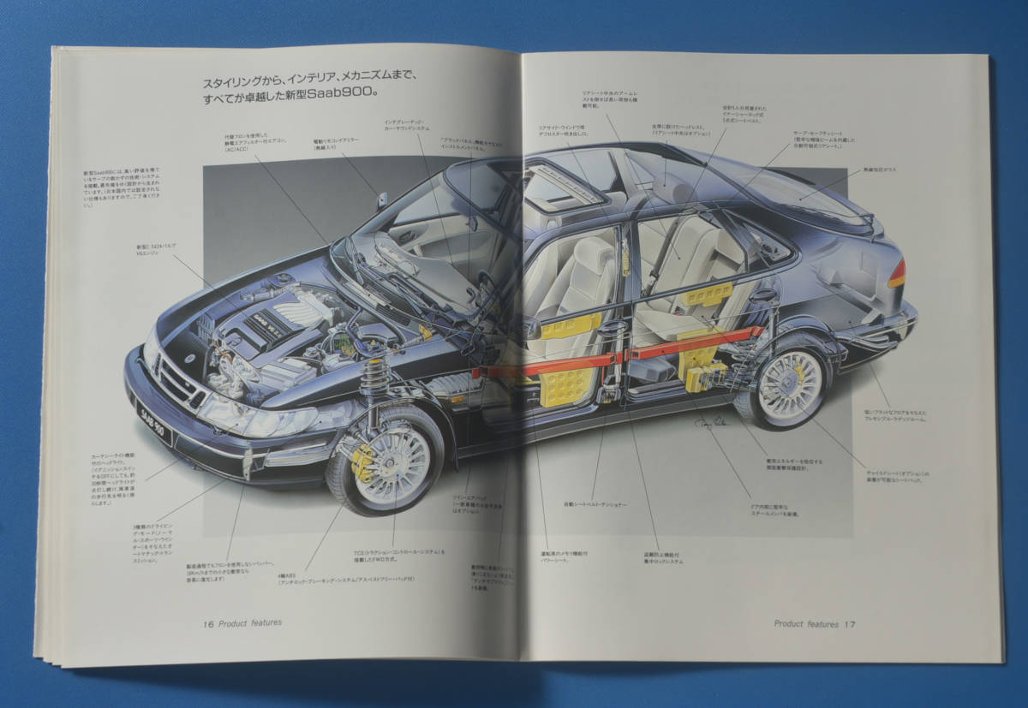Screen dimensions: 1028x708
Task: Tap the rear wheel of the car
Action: pyautogui.click(x=789, y=385)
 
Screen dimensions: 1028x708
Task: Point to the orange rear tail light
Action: pyautogui.click(x=896, y=274)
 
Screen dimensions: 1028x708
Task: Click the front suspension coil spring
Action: pyautogui.click(x=374, y=378)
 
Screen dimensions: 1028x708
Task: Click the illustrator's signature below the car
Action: pyautogui.click(x=714, y=425)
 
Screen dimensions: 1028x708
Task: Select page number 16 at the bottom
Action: pyautogui.click(x=208, y=622)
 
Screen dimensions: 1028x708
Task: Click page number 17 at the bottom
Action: pyautogui.click(x=849, y=624)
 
